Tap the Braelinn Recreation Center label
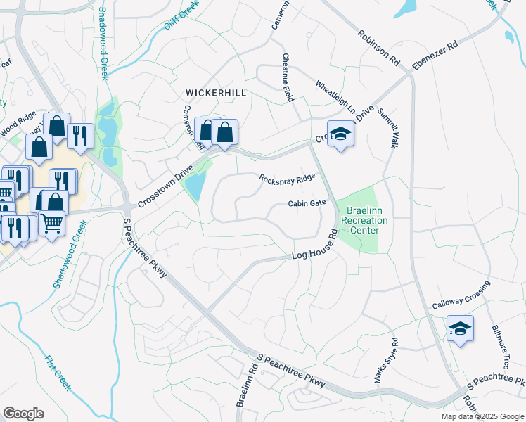point(364,220)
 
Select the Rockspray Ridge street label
point(287,179)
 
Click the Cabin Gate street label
point(307,203)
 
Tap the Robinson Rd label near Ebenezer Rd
point(378,47)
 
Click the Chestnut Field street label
point(287,77)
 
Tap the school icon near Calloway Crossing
point(460,328)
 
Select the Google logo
point(23,414)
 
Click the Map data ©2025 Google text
point(482,416)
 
